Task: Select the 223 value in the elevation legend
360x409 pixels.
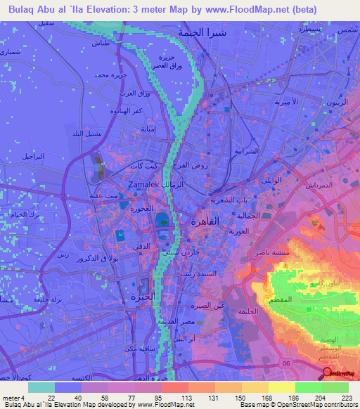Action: point(346,397)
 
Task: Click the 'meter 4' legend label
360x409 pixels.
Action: point(13,397)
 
